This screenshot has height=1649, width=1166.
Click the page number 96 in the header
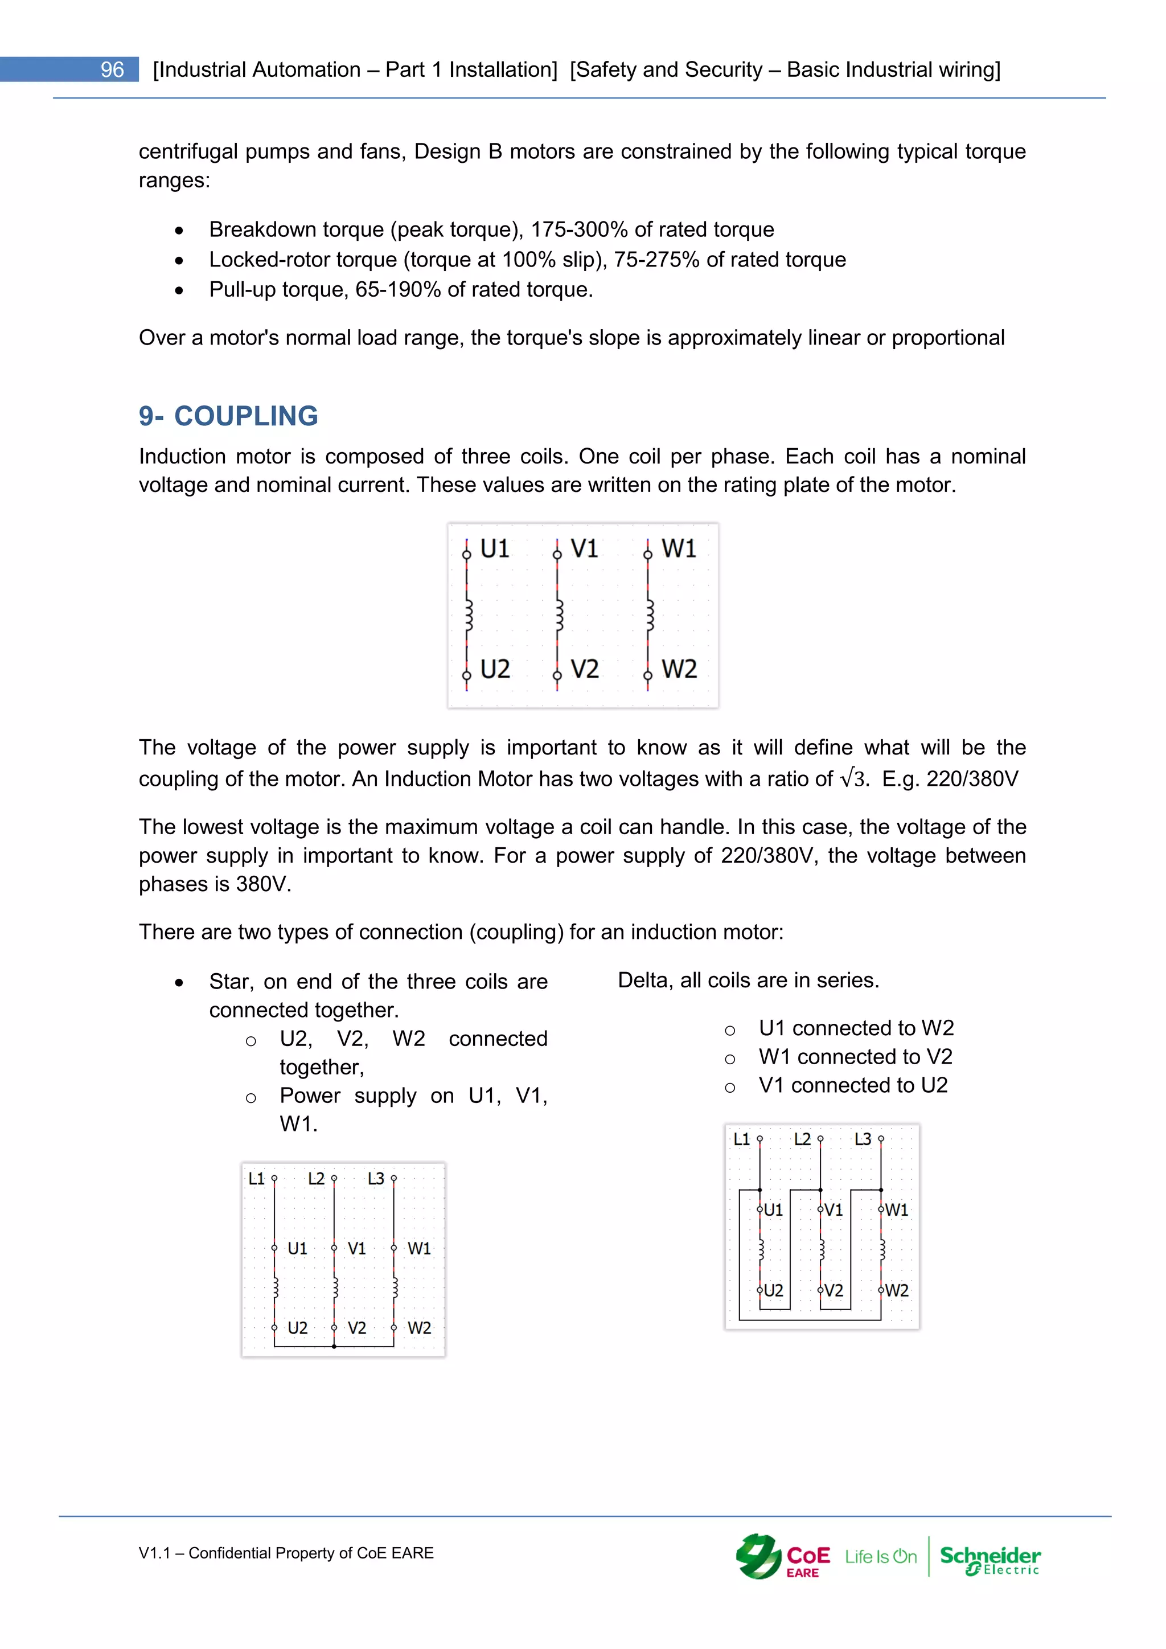tap(112, 69)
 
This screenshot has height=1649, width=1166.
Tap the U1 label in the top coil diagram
tap(494, 549)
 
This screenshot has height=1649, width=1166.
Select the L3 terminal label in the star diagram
tap(376, 1179)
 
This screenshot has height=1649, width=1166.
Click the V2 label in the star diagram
tap(357, 1328)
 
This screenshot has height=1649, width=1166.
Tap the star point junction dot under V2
tap(334, 1346)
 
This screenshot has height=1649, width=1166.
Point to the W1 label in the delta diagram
tap(897, 1210)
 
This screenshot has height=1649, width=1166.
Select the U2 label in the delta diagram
tap(773, 1291)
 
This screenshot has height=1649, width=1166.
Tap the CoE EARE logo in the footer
tap(783, 1556)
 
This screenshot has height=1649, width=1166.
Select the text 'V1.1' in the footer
tap(154, 1553)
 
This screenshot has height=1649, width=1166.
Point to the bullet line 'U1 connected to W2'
tap(856, 1028)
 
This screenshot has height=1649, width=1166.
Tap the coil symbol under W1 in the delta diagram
tap(882, 1250)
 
